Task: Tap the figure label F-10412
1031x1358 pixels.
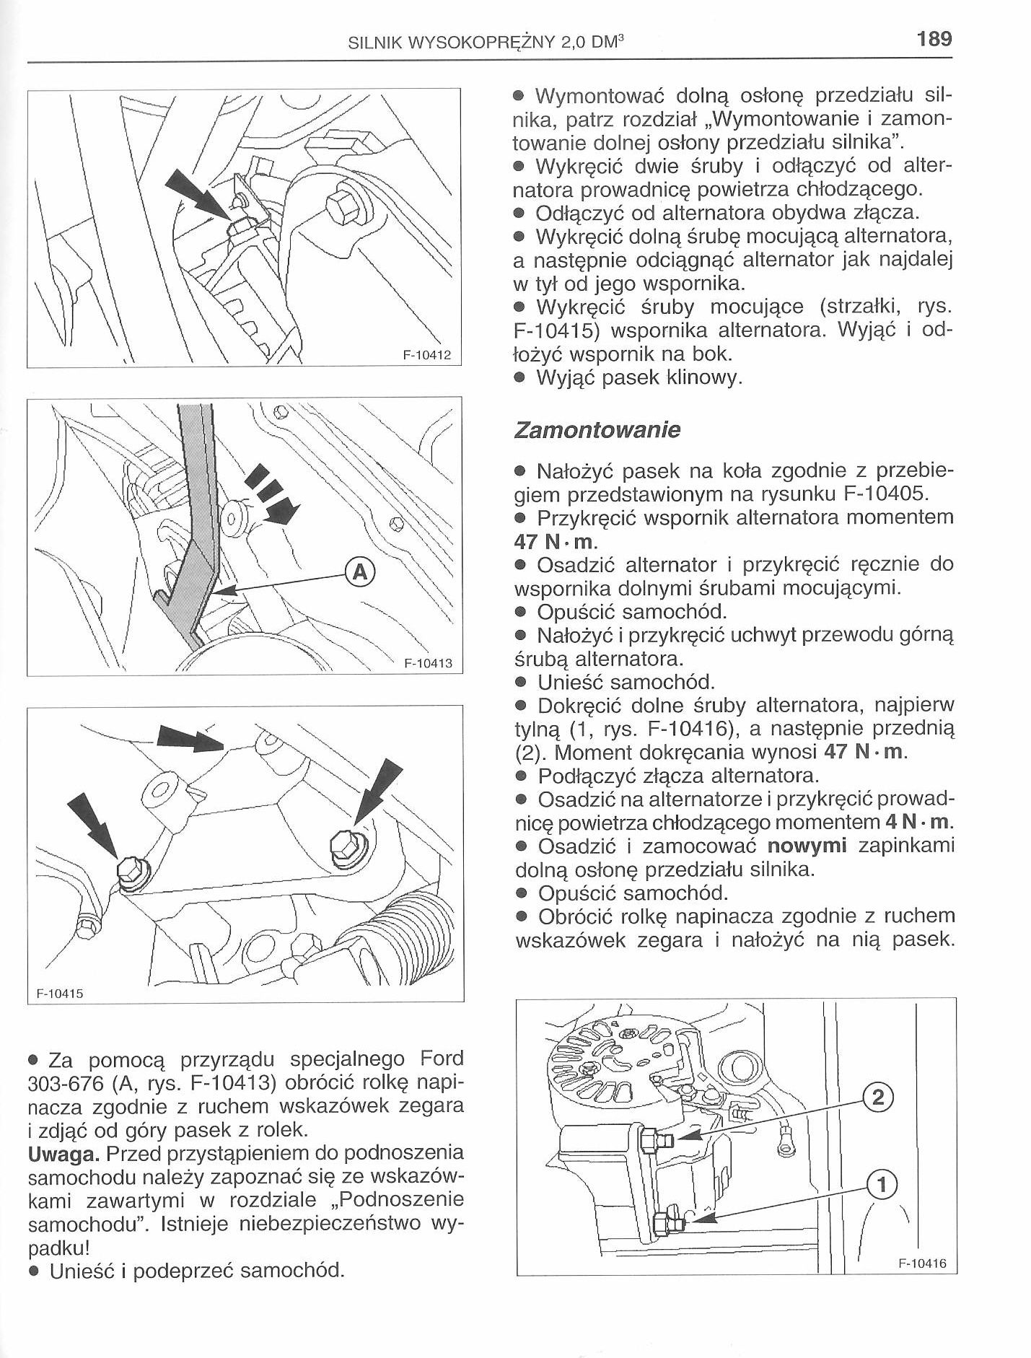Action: coord(426,356)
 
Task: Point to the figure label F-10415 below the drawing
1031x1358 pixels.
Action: coord(60,994)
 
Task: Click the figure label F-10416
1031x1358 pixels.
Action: coord(922,1263)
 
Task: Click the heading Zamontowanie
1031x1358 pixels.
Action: coord(596,431)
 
